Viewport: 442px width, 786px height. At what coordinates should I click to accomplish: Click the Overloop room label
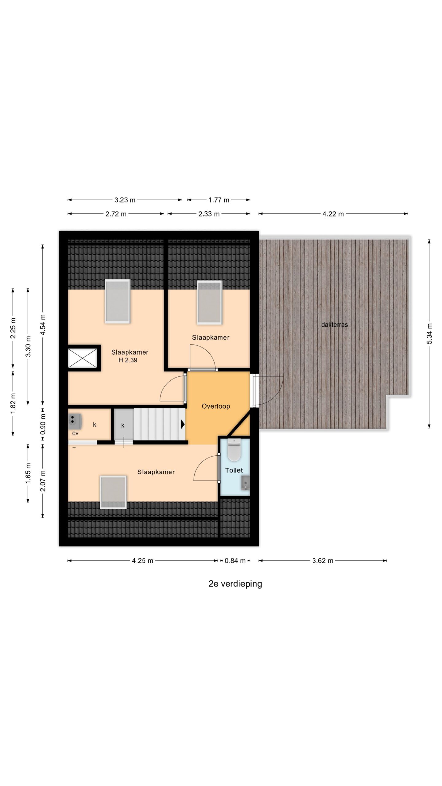click(216, 406)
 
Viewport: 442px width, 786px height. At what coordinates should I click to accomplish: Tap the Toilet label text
click(234, 470)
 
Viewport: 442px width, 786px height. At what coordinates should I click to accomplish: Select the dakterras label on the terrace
click(335, 325)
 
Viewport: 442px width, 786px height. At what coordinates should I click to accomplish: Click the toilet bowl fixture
click(234, 450)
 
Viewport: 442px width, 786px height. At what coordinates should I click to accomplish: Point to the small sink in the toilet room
click(245, 483)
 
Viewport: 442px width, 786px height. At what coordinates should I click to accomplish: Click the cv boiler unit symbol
click(75, 422)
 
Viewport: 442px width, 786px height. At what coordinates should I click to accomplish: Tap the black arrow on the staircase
click(183, 424)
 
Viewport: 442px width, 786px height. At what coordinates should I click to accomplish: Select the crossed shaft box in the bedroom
click(82, 358)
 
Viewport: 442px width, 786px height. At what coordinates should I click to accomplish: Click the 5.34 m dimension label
click(429, 334)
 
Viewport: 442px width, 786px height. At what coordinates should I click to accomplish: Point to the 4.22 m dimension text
click(333, 214)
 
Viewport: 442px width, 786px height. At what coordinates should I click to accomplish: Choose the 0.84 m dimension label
click(235, 561)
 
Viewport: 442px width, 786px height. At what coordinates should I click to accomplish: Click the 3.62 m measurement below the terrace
click(323, 561)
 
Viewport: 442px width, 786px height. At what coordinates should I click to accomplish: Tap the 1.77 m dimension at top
click(219, 200)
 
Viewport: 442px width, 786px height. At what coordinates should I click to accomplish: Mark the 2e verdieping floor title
click(235, 584)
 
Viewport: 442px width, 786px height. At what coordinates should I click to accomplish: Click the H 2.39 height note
click(128, 360)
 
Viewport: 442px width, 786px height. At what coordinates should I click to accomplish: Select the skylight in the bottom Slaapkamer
click(113, 492)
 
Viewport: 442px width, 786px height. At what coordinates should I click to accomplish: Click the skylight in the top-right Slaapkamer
click(209, 302)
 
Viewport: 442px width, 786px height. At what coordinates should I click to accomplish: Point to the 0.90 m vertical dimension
click(43, 424)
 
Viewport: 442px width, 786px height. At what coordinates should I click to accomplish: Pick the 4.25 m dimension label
click(142, 561)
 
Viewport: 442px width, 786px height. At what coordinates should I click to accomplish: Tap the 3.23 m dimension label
click(125, 200)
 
